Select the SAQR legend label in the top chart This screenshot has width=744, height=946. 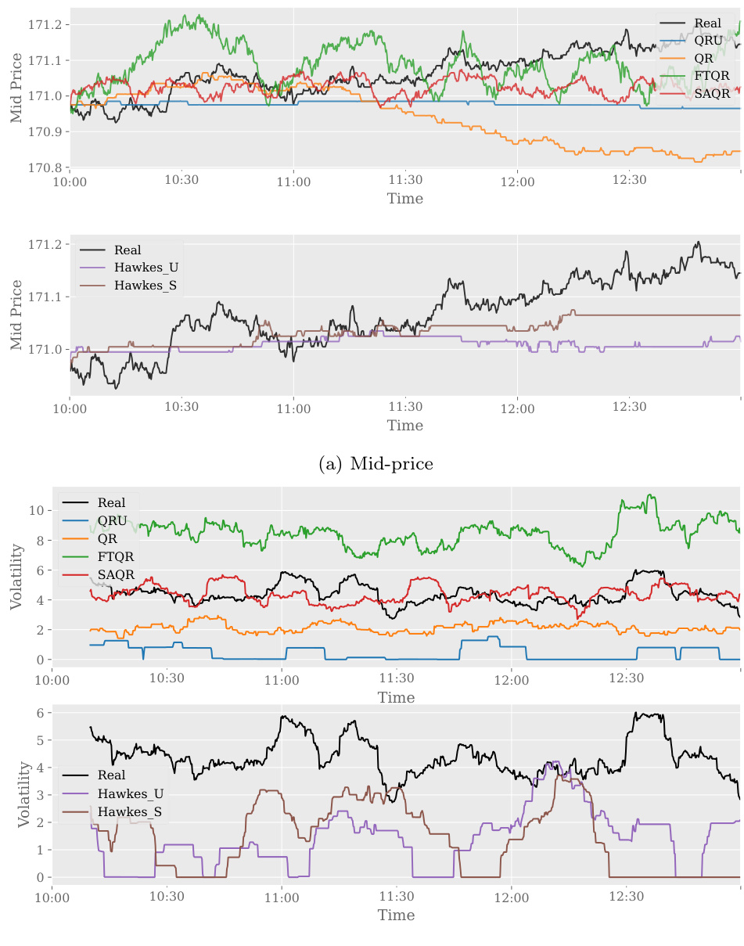coord(712,93)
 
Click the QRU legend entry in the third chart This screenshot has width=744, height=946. coord(112,520)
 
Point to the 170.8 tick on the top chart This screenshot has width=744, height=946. coord(48,167)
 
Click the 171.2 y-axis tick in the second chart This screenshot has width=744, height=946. coord(48,245)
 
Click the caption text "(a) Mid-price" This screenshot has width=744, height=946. coord(376,464)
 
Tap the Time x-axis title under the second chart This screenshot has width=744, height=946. coord(404,426)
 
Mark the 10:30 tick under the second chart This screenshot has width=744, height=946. coord(182,407)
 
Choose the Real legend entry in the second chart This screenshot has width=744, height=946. coord(128,250)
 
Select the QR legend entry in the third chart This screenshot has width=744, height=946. coord(107,538)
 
